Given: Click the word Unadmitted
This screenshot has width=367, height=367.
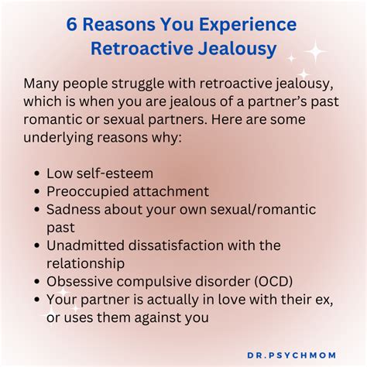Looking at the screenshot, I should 85,245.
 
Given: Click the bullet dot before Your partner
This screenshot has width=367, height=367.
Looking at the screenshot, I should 36,298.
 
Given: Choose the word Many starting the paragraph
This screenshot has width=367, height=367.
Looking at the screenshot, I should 42,83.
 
